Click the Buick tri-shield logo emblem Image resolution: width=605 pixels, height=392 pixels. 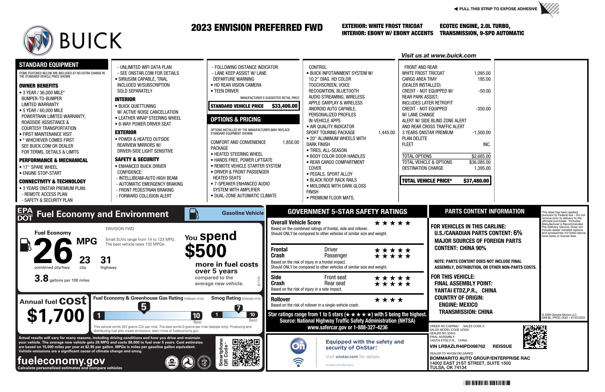click(38, 40)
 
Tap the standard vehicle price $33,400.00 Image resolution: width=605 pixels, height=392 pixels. click(284, 106)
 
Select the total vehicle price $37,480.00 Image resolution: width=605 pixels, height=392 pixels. click(476, 181)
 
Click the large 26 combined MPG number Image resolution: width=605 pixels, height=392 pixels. click(53, 251)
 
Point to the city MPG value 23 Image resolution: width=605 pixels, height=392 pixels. click(85, 260)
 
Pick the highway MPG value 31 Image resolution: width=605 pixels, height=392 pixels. click(106, 260)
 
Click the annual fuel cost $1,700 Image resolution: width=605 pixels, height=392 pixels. click(56, 316)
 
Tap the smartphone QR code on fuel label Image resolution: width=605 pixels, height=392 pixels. click(246, 352)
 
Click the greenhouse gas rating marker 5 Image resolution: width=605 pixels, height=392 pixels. click(144, 307)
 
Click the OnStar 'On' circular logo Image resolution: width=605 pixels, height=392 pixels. click(298, 346)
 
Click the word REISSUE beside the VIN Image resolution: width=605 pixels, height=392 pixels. click(502, 346)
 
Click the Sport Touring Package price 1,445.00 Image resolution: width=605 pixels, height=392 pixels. click(386, 132)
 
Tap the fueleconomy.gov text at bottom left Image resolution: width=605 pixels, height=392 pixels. click(61, 360)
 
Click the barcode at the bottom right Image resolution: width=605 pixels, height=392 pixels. click(487, 383)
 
